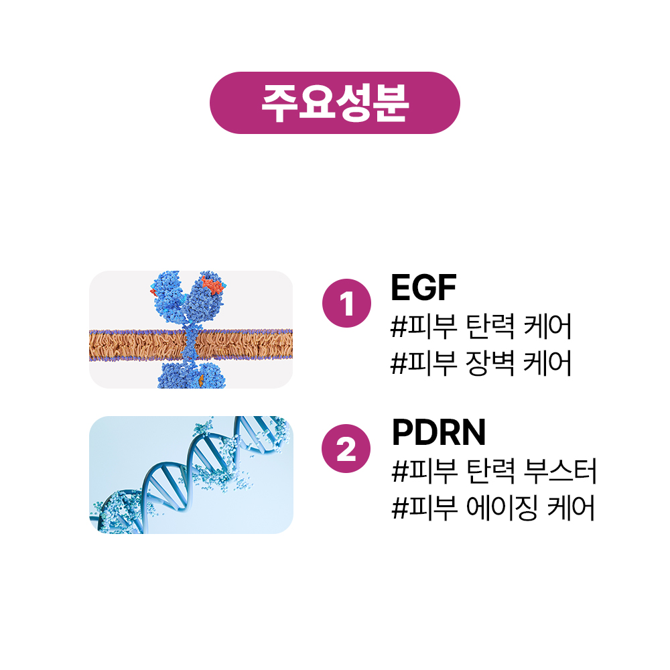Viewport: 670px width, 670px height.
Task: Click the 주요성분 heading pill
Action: [x=335, y=103]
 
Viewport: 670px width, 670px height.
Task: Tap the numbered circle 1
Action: [x=346, y=306]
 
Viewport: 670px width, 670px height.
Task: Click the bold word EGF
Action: [x=423, y=288]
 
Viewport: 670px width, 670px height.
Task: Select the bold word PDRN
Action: [x=439, y=433]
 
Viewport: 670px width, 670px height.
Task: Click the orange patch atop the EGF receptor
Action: [x=212, y=287]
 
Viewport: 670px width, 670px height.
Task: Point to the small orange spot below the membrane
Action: [x=200, y=381]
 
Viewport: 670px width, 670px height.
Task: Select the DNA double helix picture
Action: [x=191, y=474]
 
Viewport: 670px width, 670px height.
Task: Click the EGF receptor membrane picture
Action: [x=191, y=330]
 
